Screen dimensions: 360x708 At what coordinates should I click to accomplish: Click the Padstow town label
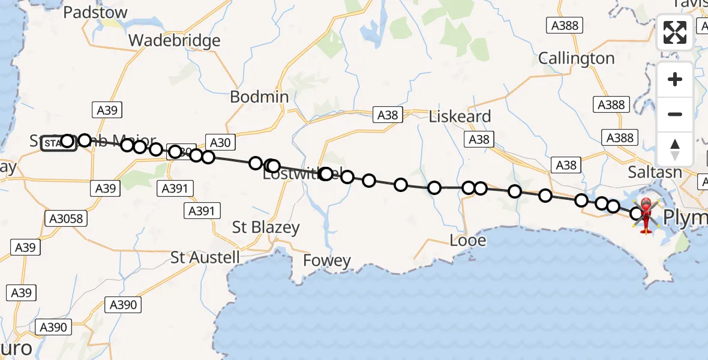pyautogui.click(x=95, y=13)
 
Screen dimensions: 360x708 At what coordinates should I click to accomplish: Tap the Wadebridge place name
pyautogui.click(x=175, y=41)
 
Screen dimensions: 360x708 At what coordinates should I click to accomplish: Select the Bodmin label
pyautogui.click(x=260, y=97)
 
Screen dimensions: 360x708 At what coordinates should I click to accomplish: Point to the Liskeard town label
pyautogui.click(x=460, y=116)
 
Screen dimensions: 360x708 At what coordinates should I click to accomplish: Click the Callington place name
pyautogui.click(x=576, y=59)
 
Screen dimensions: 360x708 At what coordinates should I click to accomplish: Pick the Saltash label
pyautogui.click(x=655, y=172)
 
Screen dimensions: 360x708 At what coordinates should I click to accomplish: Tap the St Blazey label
pyautogui.click(x=266, y=228)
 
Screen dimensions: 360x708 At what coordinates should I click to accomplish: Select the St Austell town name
pyautogui.click(x=205, y=258)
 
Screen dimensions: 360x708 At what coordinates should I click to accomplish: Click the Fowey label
pyautogui.click(x=327, y=260)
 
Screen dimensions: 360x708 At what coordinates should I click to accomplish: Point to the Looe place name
pyautogui.click(x=468, y=241)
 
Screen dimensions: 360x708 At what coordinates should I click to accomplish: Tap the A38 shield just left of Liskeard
pyautogui.click(x=387, y=115)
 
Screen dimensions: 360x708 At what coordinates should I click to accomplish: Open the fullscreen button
pyautogui.click(x=675, y=32)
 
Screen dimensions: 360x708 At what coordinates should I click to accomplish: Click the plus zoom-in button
pyautogui.click(x=675, y=80)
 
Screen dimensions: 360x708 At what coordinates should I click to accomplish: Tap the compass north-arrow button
pyautogui.click(x=675, y=149)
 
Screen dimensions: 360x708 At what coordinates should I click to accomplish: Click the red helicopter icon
pyautogui.click(x=646, y=214)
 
